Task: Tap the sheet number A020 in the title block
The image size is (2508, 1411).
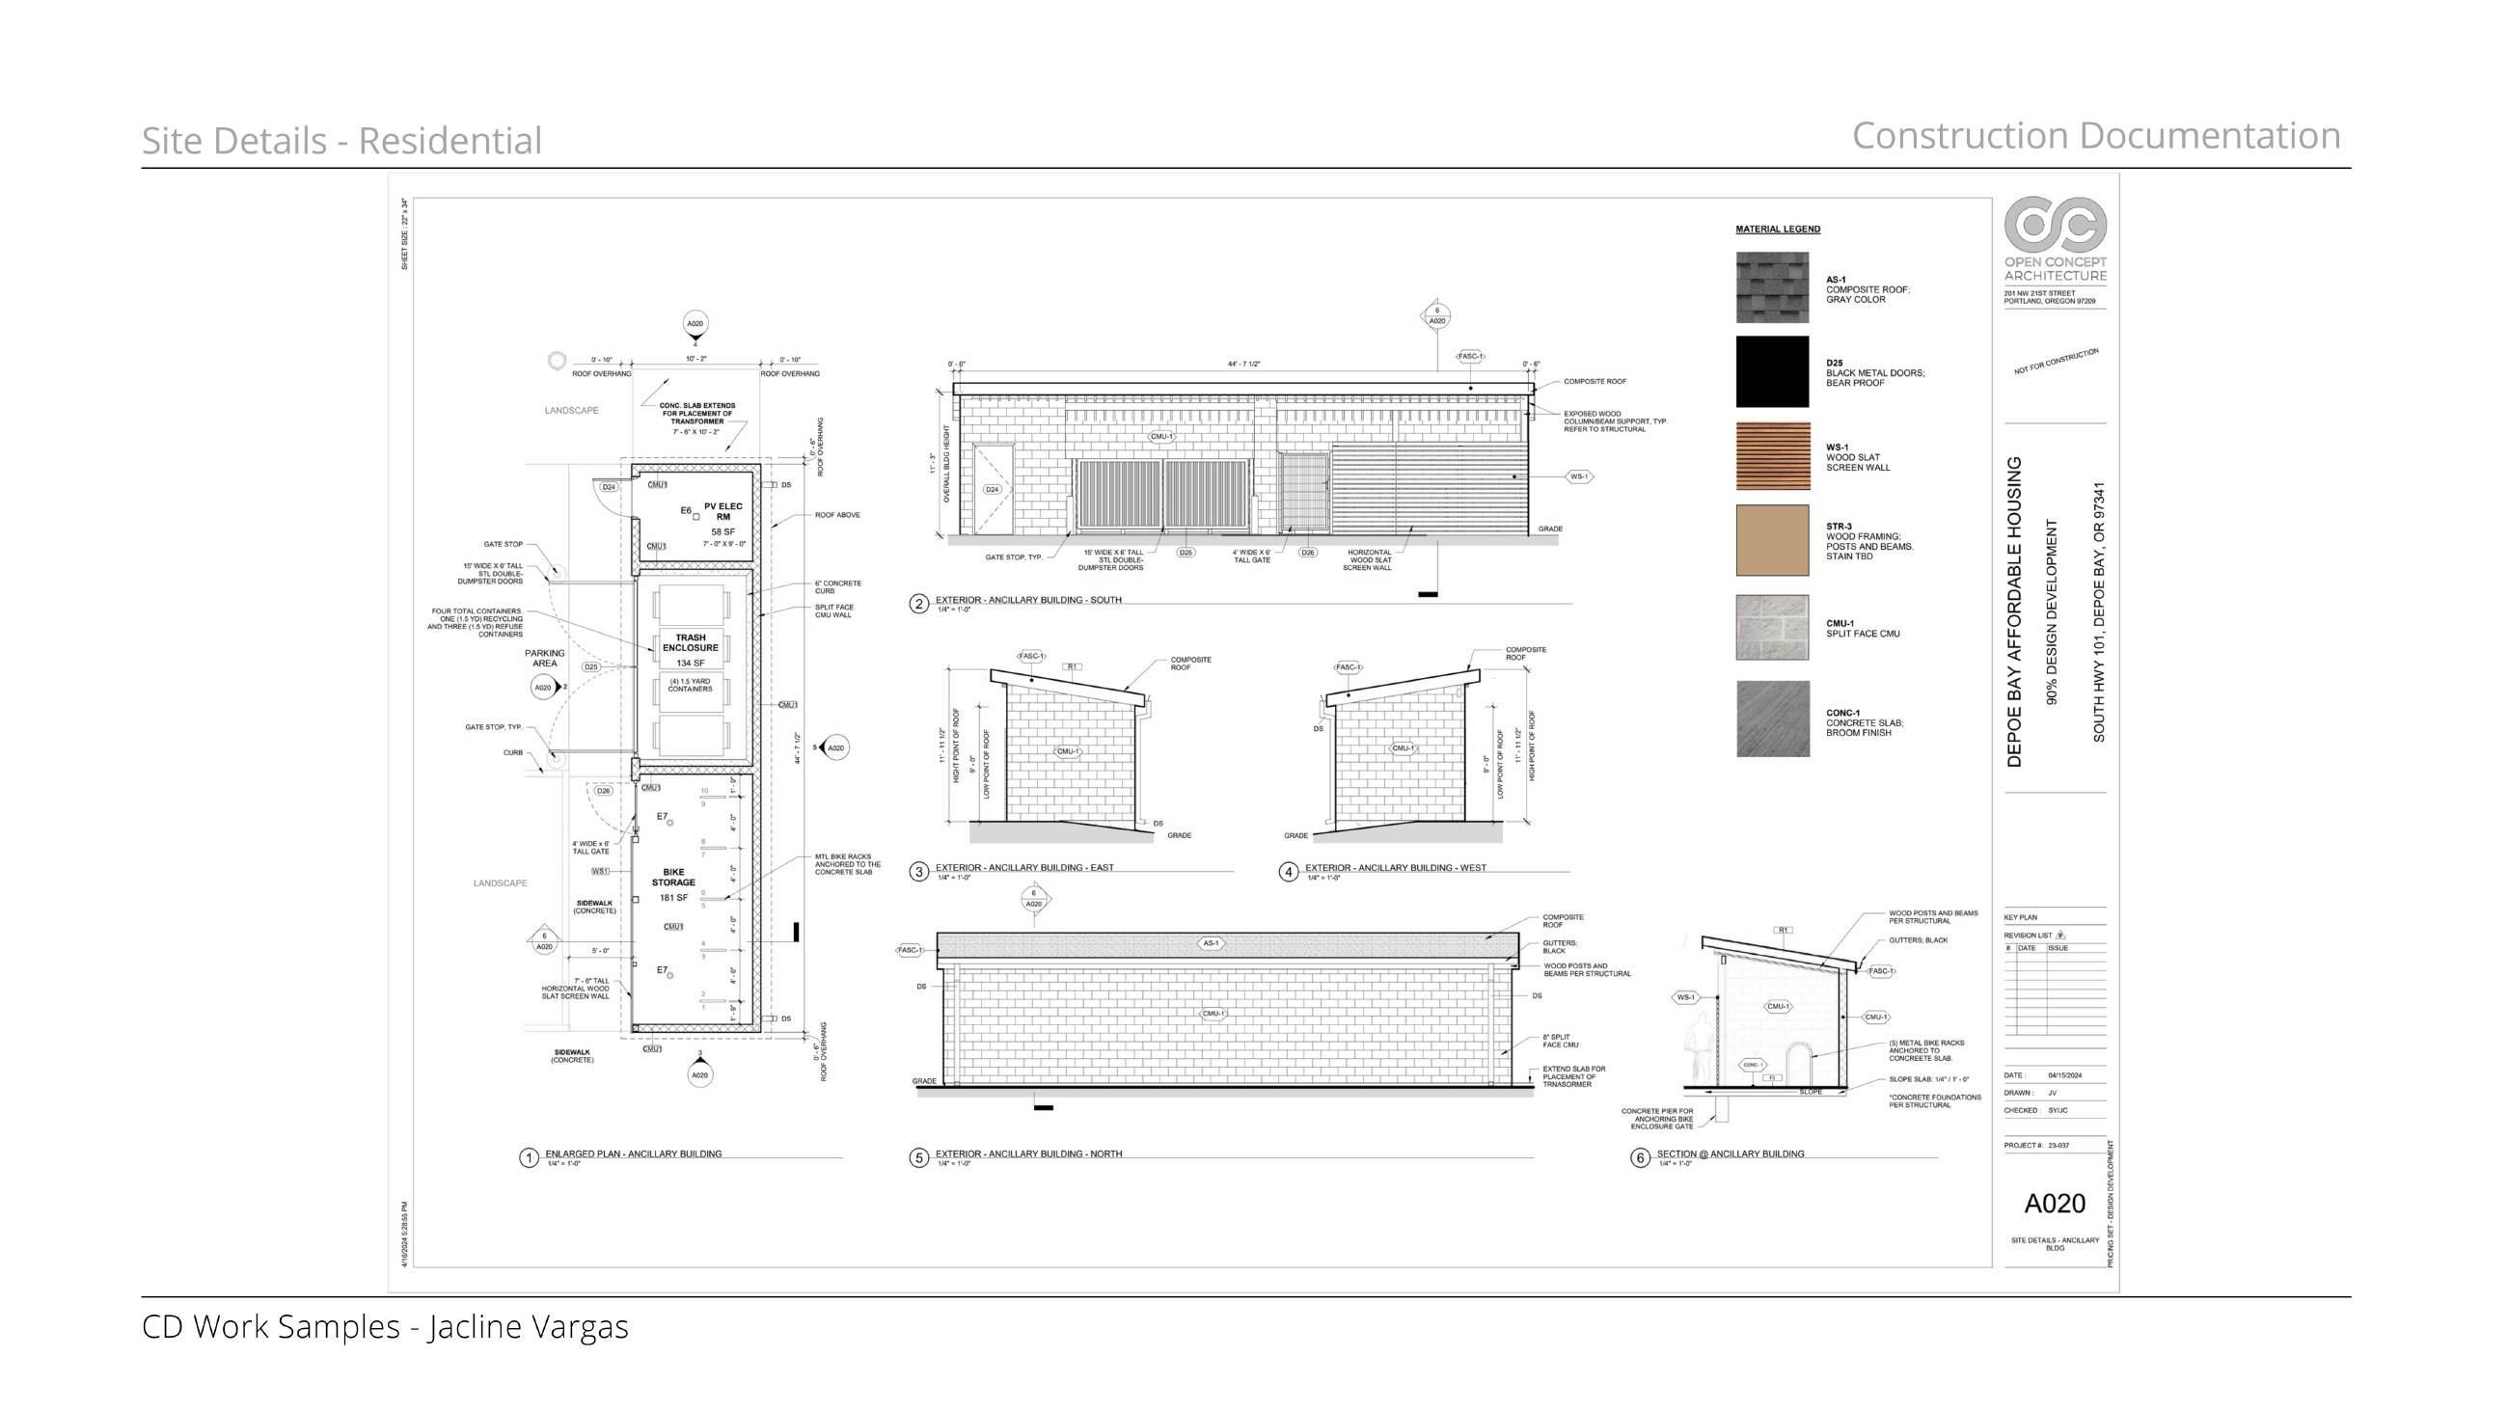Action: click(x=2055, y=1204)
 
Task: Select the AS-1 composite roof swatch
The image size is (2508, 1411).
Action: click(x=1772, y=287)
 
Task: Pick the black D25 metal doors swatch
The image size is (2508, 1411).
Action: click(x=1772, y=372)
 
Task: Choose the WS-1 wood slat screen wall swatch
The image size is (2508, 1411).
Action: click(x=1772, y=456)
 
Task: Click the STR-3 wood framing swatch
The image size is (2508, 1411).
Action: click(x=1772, y=539)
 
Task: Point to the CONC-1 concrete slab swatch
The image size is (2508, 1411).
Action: click(x=1772, y=719)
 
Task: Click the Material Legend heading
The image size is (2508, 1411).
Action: click(x=1777, y=230)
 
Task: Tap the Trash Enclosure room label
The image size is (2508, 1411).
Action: click(x=691, y=642)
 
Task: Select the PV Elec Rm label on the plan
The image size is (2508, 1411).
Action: click(x=722, y=511)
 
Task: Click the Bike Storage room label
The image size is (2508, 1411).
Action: click(x=672, y=878)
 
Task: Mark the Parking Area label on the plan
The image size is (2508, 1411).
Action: click(x=544, y=659)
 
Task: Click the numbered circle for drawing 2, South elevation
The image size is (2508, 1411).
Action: click(x=918, y=604)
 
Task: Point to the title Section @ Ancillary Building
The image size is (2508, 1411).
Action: click(x=1731, y=1153)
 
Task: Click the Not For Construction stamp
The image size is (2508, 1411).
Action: click(x=2057, y=361)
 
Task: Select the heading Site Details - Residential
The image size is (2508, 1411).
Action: click(x=341, y=140)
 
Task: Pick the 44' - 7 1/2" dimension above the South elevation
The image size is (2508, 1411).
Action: click(x=1243, y=365)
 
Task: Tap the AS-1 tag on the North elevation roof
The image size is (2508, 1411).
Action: click(x=1211, y=942)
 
